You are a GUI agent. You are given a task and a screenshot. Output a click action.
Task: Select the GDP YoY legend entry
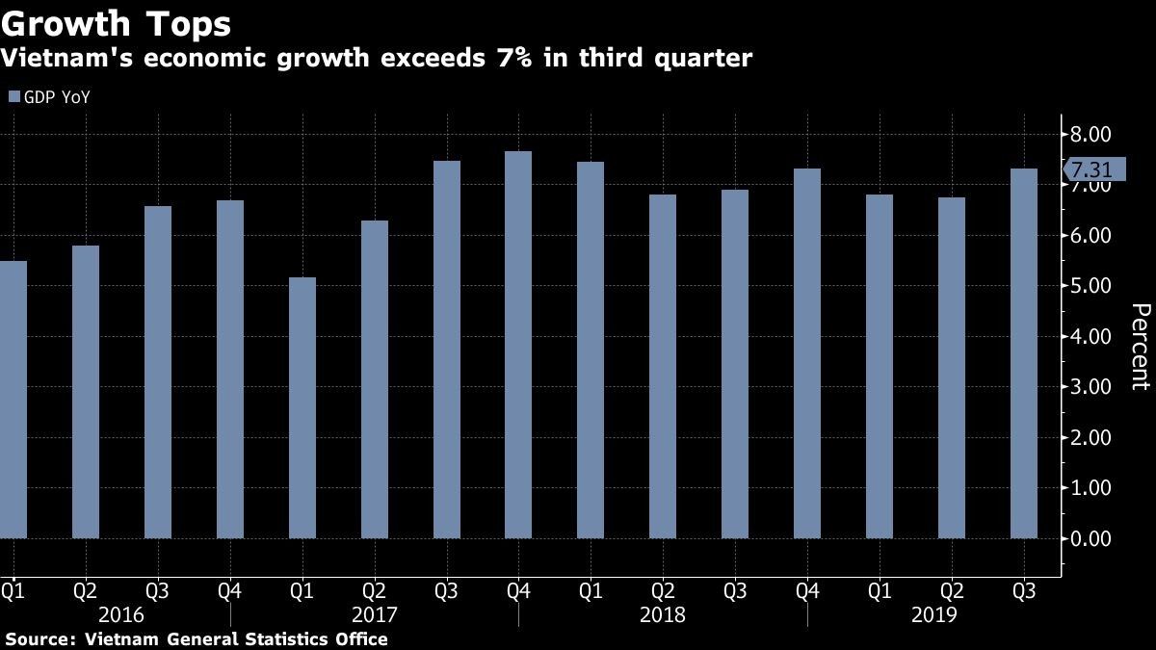click(x=50, y=96)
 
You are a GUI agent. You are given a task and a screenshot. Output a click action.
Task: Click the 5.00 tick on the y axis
click(x=1090, y=286)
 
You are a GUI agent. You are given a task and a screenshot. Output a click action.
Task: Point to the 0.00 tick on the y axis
click(x=1090, y=538)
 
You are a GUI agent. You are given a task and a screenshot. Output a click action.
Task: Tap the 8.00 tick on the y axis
click(x=1090, y=135)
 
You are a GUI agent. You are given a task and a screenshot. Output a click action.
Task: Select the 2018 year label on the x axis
click(x=663, y=614)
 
